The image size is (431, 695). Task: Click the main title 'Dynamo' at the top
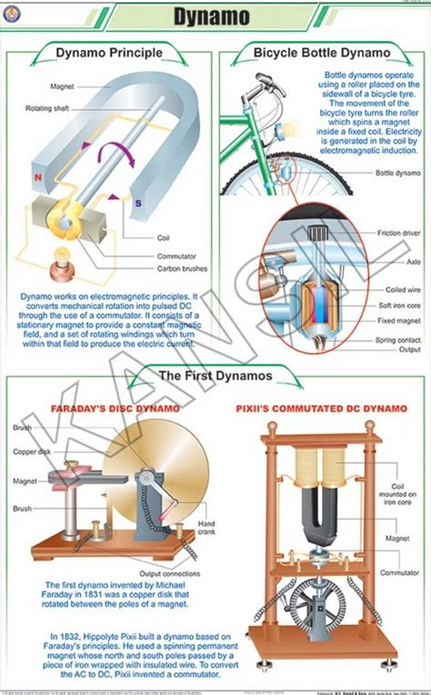pyautogui.click(x=216, y=16)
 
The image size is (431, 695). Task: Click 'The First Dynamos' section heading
pyautogui.click(x=216, y=375)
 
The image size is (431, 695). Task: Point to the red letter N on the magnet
pyautogui.click(x=36, y=177)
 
